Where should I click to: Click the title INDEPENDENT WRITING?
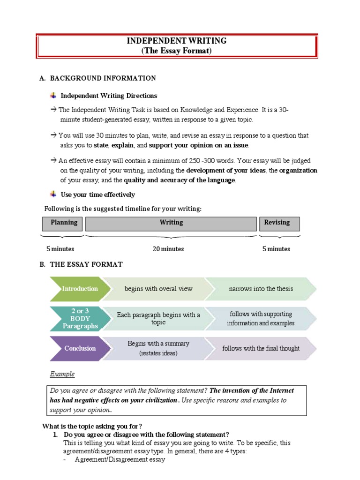[177, 41]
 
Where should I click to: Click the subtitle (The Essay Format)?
[177, 51]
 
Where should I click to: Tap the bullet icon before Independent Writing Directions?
[53, 96]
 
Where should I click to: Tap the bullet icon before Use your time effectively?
[53, 194]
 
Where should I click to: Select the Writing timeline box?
[171, 223]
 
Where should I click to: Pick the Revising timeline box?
[279, 223]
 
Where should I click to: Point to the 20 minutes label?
[168, 249]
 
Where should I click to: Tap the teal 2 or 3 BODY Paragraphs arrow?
[80, 318]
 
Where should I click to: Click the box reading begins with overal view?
[158, 289]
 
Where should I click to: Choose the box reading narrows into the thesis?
[261, 289]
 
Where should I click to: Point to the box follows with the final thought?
[261, 348]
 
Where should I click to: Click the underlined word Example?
[62, 374]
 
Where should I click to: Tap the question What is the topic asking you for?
[92, 426]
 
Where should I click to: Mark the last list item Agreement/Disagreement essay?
[120, 460]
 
